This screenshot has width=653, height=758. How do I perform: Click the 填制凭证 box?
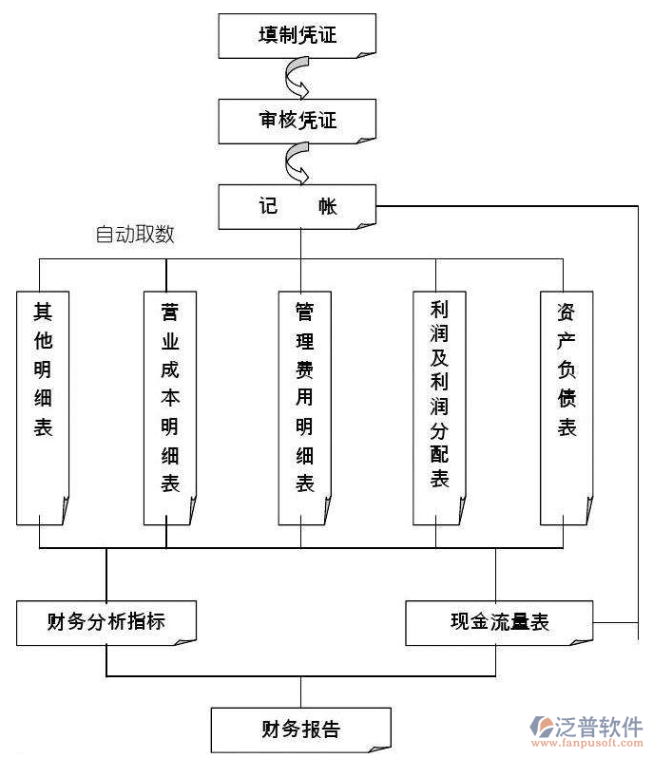[x=298, y=36]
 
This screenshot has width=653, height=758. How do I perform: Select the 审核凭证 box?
[x=298, y=121]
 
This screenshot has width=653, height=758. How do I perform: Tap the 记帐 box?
[x=298, y=205]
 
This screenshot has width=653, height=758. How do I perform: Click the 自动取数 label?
[x=135, y=234]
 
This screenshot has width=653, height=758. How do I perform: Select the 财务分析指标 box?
[x=106, y=622]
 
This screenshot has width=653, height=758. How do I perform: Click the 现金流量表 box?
[x=499, y=622]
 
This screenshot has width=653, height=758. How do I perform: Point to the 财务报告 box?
[x=300, y=729]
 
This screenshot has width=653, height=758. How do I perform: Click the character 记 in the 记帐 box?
[x=268, y=205]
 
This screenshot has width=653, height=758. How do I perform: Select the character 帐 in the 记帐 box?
[x=327, y=205]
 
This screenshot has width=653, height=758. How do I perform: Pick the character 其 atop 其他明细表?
[x=43, y=312]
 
